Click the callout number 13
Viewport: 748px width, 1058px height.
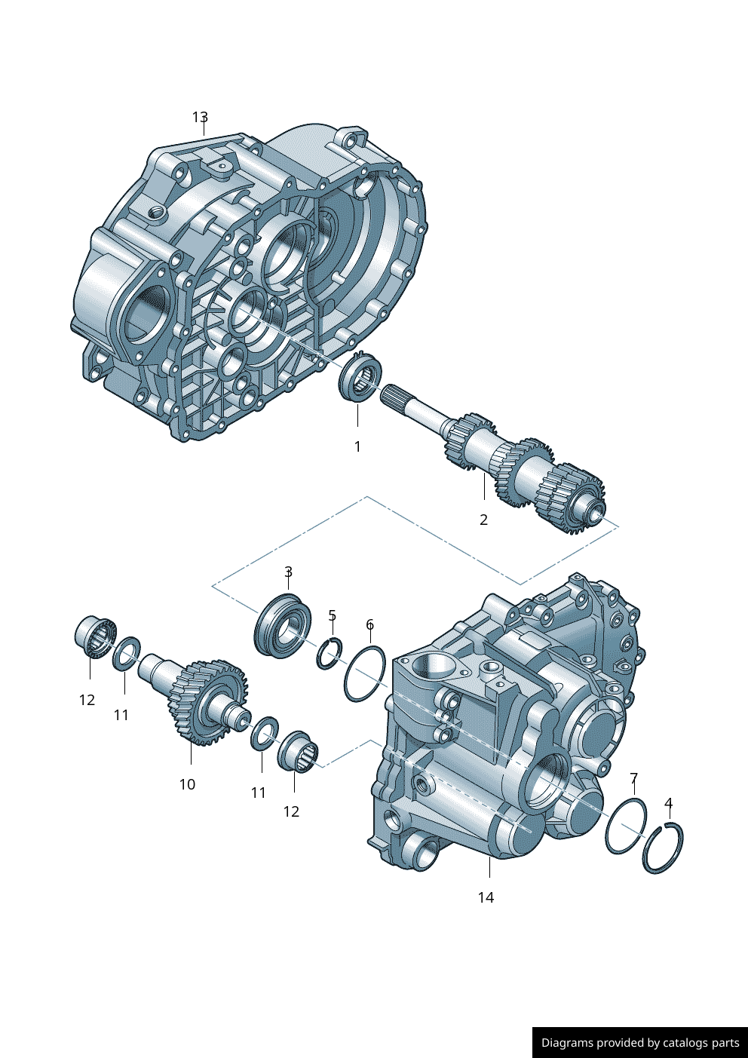tap(200, 117)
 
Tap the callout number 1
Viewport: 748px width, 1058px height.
tap(357, 446)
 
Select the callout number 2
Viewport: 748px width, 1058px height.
tap(483, 520)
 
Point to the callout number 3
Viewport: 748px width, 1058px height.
tap(289, 572)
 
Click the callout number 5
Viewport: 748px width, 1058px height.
tap(332, 615)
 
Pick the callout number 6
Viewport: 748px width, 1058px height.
tap(369, 624)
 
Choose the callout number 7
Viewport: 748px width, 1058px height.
tap(633, 778)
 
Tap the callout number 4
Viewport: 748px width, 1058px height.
tap(668, 802)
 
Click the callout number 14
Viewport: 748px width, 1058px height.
tap(486, 897)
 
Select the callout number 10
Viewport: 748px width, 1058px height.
tap(187, 784)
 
